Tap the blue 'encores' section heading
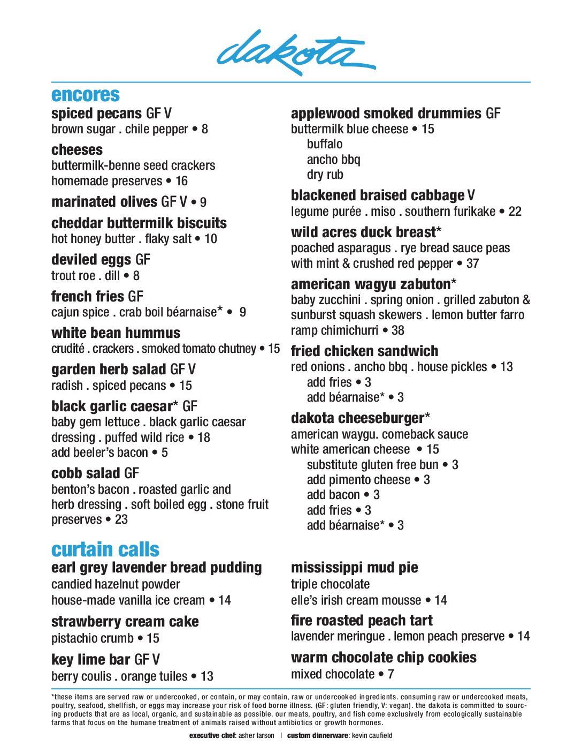coord(86,95)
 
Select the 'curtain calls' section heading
coord(105,549)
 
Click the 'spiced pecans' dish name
coord(96,114)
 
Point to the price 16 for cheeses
coord(181,181)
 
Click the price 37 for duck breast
coord(472,263)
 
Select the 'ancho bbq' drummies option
coord(333,160)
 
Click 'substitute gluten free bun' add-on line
coord(372,465)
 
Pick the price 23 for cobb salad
coord(121,519)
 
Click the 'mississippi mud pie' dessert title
coord(354,568)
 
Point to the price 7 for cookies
coord(391,674)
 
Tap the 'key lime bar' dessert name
coord(90,659)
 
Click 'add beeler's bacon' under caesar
coord(99,453)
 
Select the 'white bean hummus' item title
coord(116,333)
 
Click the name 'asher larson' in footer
coord(256,736)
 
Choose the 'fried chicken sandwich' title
coord(364,351)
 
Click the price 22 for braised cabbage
coord(515,212)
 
